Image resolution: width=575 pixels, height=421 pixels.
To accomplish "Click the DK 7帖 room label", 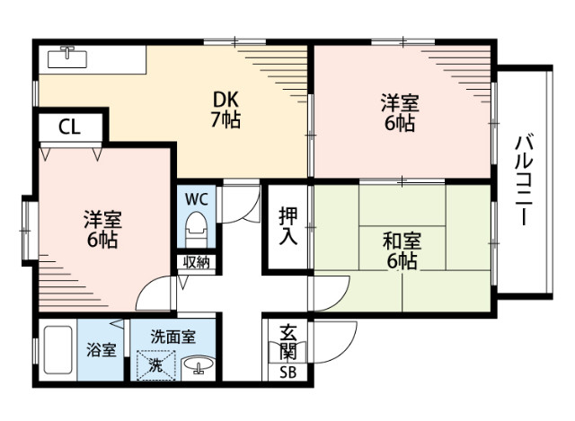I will coord(226,109).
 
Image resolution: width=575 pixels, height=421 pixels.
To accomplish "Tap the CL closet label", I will coord(69,127).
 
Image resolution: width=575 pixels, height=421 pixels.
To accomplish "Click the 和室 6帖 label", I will coord(401,250).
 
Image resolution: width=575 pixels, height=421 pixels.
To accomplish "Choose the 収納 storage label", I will coord(197,262).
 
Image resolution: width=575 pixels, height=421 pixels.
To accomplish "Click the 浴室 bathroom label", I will coord(101,350).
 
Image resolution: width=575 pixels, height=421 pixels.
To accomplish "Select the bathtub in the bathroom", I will coord(56,352).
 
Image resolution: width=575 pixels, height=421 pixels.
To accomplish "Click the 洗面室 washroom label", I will coord(172,337).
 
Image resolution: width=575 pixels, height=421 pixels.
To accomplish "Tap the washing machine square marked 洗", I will coord(155,364).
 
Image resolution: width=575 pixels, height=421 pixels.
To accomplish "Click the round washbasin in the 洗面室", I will coord(199,364).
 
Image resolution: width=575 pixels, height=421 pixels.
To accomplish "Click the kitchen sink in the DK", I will coord(66,58).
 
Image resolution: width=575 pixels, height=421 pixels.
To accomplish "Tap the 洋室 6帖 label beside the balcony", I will coord(401,112).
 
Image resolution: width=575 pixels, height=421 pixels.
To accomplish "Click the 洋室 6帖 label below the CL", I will coord(102,229).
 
